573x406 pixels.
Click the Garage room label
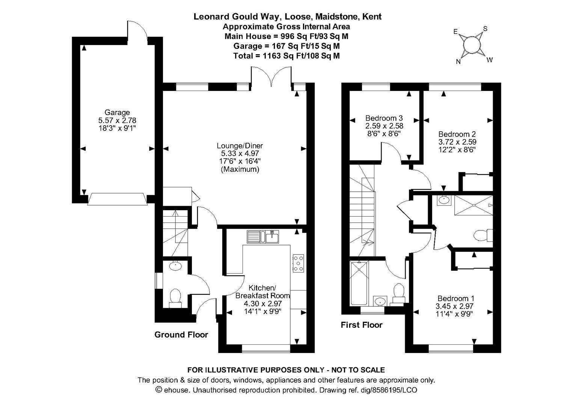point(117,112)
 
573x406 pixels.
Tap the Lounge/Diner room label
point(240,146)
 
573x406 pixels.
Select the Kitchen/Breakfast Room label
point(262,292)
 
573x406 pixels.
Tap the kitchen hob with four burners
point(299,264)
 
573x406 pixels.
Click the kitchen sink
point(263,237)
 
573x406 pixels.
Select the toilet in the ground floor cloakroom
point(175,296)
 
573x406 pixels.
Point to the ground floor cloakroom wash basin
point(175,266)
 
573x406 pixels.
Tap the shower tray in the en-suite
point(473,205)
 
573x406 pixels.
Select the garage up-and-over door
point(117,199)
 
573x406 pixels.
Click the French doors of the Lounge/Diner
point(271,78)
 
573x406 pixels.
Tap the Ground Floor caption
point(181,335)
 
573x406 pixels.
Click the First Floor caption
point(361,325)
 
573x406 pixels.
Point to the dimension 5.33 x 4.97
point(240,154)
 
